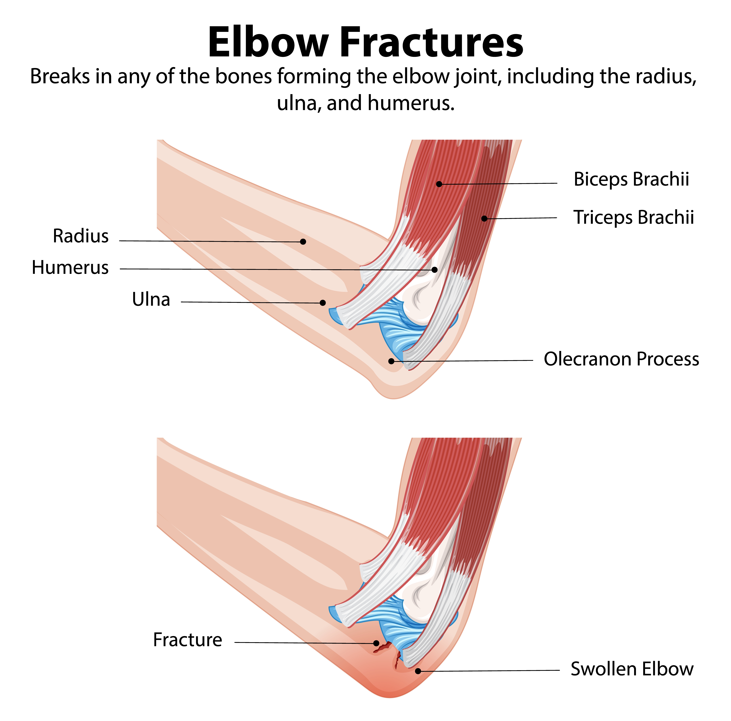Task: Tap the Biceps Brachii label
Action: click(x=631, y=179)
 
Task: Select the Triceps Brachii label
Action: click(x=633, y=217)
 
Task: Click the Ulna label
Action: click(x=151, y=299)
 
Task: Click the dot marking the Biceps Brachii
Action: click(x=439, y=184)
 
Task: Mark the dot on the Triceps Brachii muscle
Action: click(x=484, y=219)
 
